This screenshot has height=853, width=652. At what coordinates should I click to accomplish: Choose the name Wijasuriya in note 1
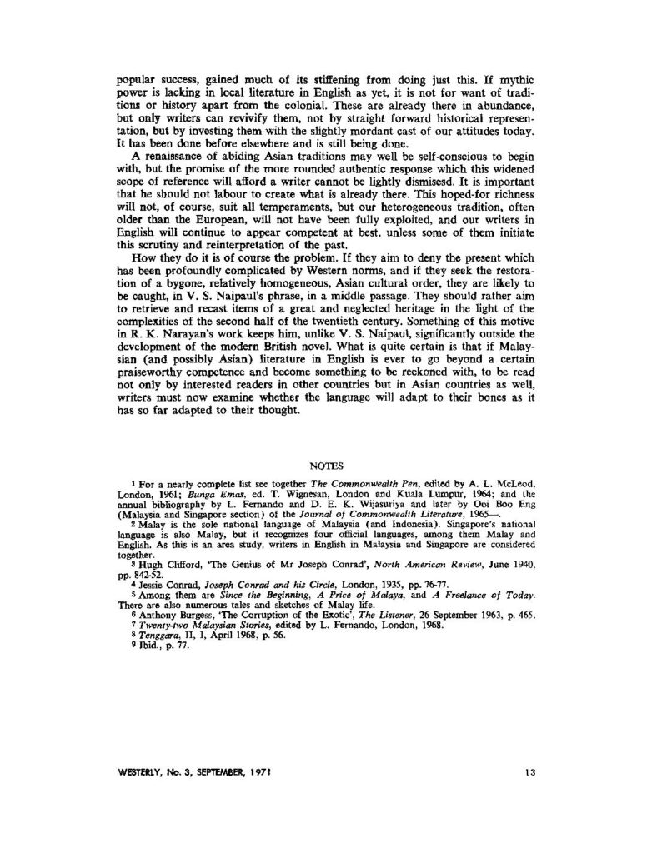386,508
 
